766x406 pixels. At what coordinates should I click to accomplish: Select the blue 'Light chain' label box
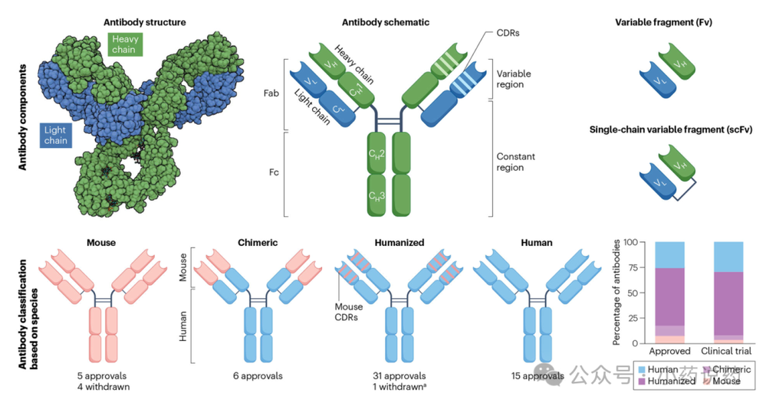tap(55, 135)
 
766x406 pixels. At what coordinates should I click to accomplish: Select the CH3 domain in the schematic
tap(377, 197)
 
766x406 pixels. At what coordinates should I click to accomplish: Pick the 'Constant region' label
tap(515, 162)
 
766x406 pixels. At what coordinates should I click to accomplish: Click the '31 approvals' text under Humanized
tap(398, 375)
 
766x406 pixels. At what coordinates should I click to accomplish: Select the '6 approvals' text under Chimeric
tap(257, 375)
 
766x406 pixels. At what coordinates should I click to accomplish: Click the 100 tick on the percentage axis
tap(630, 242)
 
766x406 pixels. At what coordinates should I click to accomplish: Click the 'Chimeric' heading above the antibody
tap(258, 242)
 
